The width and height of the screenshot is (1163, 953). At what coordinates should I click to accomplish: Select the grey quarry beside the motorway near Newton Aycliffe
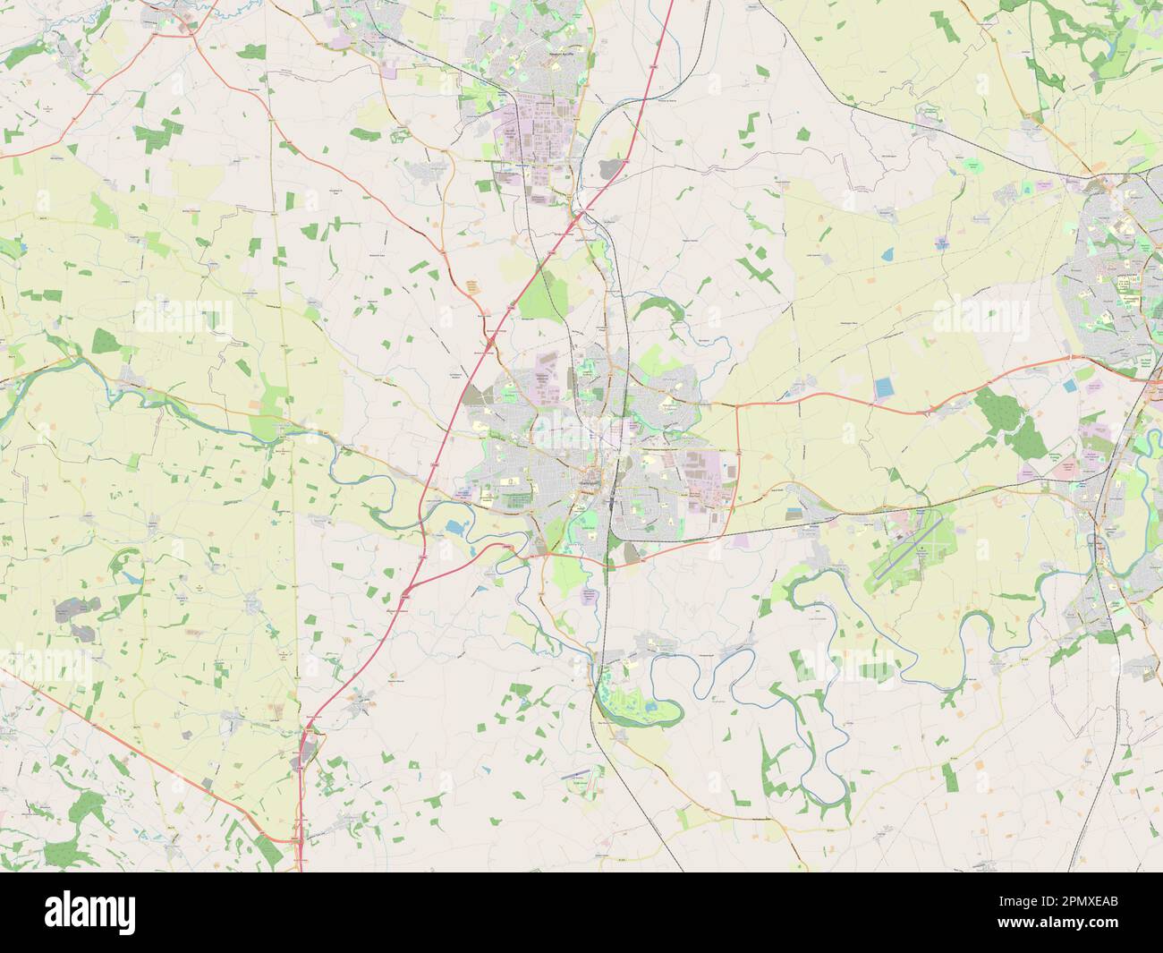pyautogui.click(x=612, y=166)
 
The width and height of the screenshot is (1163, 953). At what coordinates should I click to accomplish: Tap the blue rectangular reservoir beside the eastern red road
pyautogui.click(x=884, y=387)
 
